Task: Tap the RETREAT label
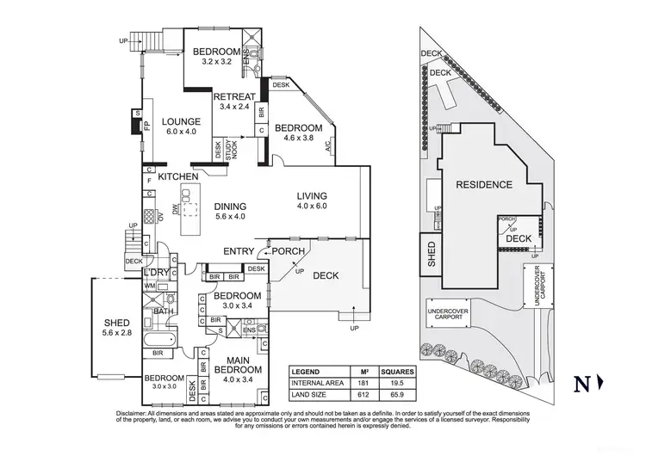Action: pyautogui.click(x=233, y=96)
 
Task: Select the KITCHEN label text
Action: pyautogui.click(x=179, y=176)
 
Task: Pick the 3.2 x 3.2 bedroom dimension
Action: pyautogui.click(x=215, y=62)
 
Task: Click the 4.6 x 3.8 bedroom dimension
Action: pyautogui.click(x=298, y=139)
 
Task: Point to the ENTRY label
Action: pyautogui.click(x=238, y=251)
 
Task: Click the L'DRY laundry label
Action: pyautogui.click(x=156, y=273)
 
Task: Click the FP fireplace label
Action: pyautogui.click(x=146, y=125)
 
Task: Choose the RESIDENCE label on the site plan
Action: pyautogui.click(x=483, y=184)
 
